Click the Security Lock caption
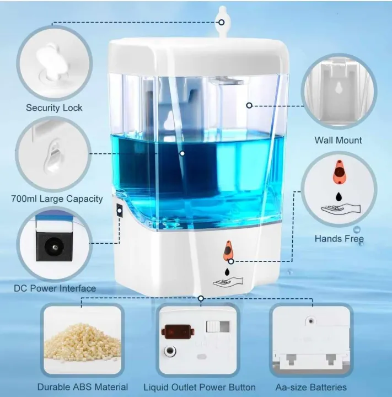click(54, 108)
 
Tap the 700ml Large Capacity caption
click(57, 198)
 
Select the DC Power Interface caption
click(55, 288)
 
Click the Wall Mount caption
click(338, 140)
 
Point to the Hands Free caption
click(339, 239)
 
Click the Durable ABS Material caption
click(83, 387)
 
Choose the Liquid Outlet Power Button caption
click(200, 387)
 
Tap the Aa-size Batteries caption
click(311, 387)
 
